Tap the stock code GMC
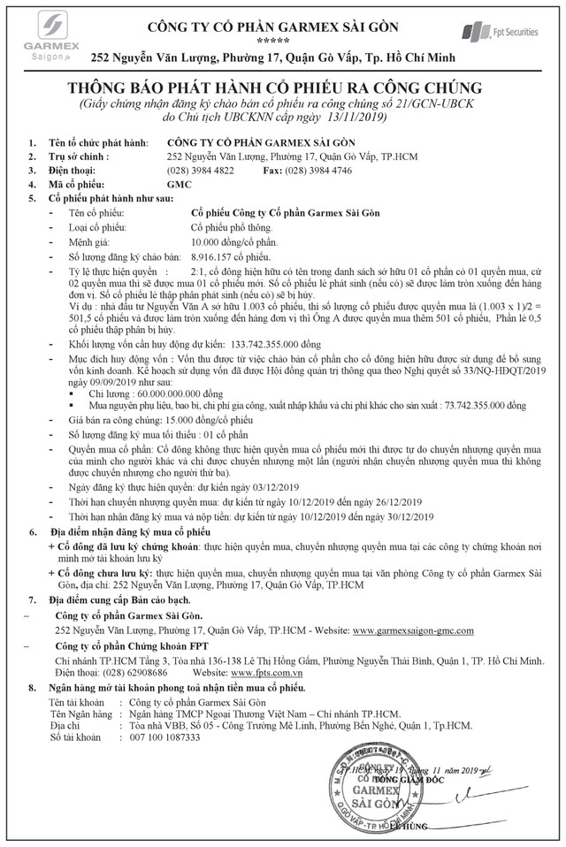(x=179, y=184)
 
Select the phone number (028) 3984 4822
(x=201, y=171)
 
